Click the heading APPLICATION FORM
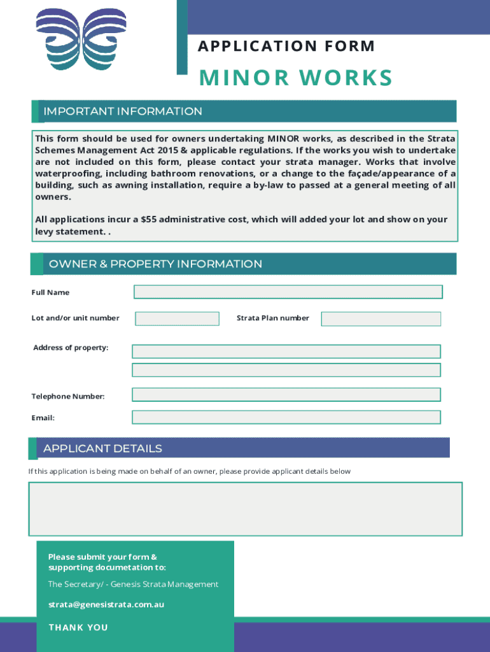click(286, 46)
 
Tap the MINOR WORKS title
click(296, 78)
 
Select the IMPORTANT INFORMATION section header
click(123, 111)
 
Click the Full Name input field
click(288, 292)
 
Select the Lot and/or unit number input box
click(177, 318)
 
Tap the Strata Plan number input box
click(381, 319)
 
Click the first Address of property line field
click(286, 351)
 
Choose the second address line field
click(286, 370)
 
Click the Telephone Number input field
click(286, 395)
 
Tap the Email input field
click(286, 417)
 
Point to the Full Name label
click(51, 293)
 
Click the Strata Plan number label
click(272, 318)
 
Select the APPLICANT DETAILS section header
click(102, 449)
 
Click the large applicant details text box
click(245, 509)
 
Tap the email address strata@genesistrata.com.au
click(106, 604)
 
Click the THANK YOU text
click(78, 628)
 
